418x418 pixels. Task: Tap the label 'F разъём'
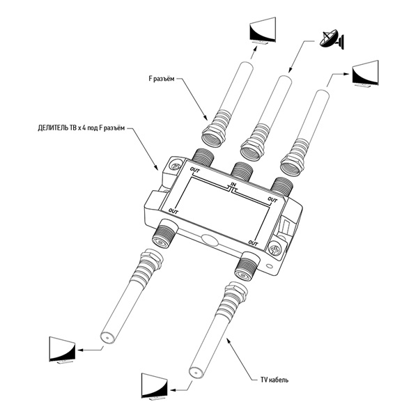pos(164,80)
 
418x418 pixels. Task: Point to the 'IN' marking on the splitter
pos(234,185)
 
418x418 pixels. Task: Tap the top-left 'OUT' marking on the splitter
pos(195,169)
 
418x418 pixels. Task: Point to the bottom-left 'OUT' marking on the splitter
pos(174,210)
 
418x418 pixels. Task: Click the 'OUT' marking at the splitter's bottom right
pos(254,243)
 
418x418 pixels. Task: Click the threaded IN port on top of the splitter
pos(242,169)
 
